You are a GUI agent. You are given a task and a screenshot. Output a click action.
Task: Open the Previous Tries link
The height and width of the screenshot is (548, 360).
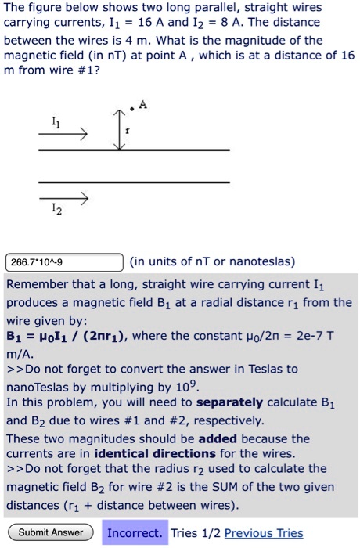[x=263, y=533]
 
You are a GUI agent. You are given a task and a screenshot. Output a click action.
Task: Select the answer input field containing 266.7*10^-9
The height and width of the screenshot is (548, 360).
[x=64, y=261]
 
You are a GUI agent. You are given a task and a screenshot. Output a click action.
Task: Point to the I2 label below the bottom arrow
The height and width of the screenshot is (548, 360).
[x=53, y=211]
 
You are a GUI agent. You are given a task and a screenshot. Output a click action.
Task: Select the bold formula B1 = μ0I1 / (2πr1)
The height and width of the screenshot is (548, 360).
[x=70, y=336]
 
